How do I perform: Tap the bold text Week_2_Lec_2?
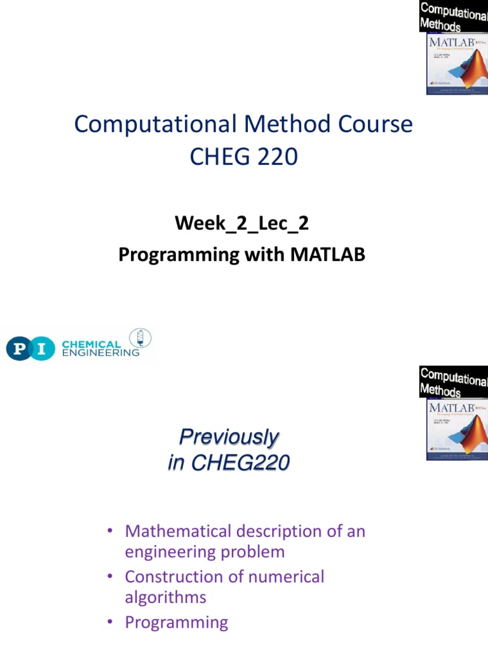click(x=241, y=223)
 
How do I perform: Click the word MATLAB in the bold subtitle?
click(x=329, y=255)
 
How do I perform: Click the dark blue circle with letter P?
click(x=19, y=348)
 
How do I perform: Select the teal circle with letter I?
click(x=43, y=348)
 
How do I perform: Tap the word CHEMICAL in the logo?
click(x=91, y=344)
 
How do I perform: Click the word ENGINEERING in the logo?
click(x=100, y=353)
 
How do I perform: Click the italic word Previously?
click(x=229, y=437)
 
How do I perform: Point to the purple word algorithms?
click(x=165, y=597)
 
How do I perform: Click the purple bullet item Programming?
click(x=176, y=622)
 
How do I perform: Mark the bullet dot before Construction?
click(x=110, y=577)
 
